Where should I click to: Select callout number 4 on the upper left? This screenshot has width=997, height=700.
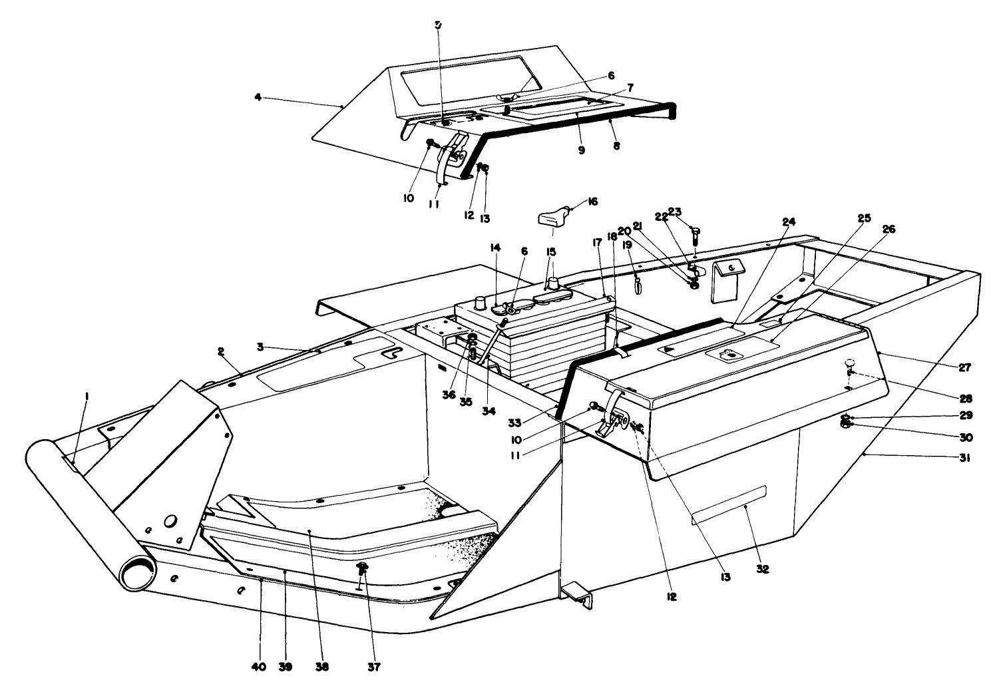[x=258, y=98]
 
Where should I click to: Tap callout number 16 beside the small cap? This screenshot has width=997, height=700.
[x=592, y=201]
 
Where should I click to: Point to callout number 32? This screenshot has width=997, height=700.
[x=763, y=570]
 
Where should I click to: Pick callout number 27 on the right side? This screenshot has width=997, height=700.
[x=965, y=367]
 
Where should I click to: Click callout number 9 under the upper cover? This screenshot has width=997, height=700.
[x=581, y=151]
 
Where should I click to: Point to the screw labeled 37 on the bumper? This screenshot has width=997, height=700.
[x=363, y=569]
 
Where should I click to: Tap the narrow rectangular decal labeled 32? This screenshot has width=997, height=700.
[x=729, y=505]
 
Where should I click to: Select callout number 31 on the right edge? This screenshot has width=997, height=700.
[x=965, y=458]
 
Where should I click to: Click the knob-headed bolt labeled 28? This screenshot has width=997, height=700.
[x=850, y=365]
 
